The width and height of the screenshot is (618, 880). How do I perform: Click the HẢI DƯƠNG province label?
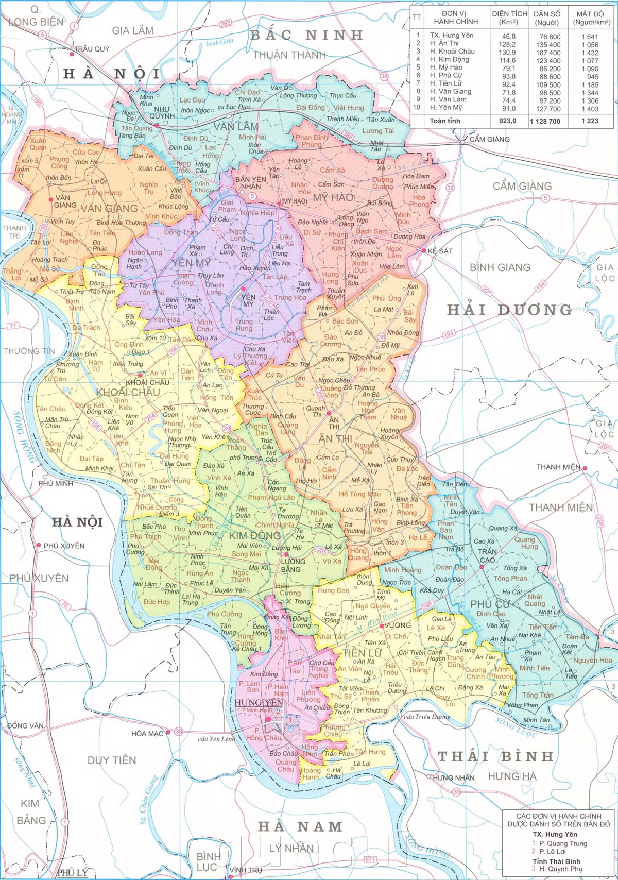[509, 310]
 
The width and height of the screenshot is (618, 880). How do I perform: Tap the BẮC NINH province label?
[307, 35]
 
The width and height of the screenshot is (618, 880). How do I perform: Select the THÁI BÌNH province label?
[495, 756]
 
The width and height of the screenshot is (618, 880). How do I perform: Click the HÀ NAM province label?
[300, 826]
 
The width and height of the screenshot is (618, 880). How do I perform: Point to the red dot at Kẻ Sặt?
[423, 251]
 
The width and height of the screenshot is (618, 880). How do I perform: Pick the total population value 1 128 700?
[546, 121]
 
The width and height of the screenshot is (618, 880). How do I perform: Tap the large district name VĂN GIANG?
[109, 209]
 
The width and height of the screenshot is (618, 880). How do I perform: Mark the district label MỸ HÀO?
[333, 197]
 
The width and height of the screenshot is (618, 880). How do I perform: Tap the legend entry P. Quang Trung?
[563, 843]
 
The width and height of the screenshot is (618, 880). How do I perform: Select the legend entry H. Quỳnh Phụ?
[561, 869]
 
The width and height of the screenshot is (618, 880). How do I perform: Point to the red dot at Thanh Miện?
[585, 468]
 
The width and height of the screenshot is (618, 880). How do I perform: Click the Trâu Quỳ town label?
[92, 49]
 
